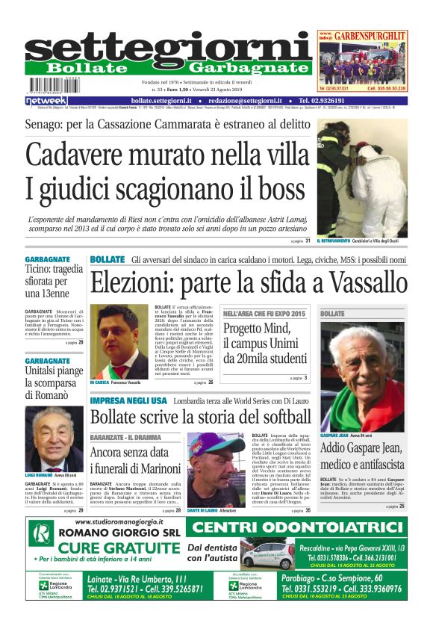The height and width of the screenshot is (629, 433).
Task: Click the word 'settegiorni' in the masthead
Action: click(169, 48)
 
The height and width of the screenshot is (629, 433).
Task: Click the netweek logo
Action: click(46, 100)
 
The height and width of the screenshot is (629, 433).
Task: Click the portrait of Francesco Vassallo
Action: click(119, 341)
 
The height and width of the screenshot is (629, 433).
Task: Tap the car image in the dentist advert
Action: click(268, 556)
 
